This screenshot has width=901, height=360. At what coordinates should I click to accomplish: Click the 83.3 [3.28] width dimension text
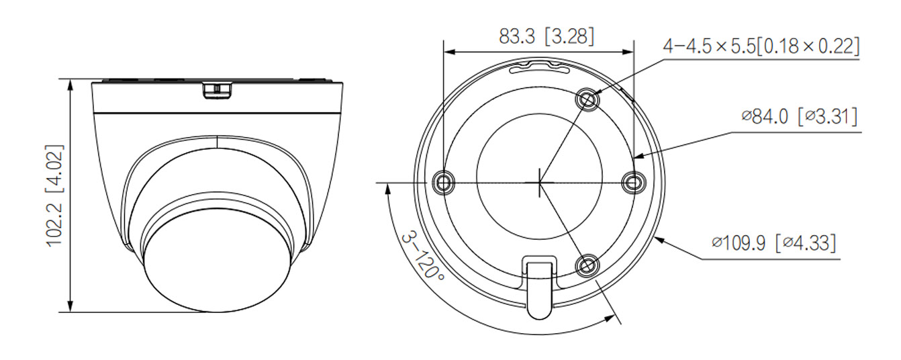pyautogui.click(x=546, y=36)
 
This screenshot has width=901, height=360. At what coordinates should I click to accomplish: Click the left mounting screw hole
pyautogui.click(x=444, y=181)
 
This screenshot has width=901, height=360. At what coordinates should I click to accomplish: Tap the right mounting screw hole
pyautogui.click(x=633, y=181)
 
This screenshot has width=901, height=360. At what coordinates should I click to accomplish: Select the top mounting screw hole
pyautogui.click(x=587, y=99)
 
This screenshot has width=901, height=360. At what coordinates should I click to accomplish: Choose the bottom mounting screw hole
pyautogui.click(x=587, y=265)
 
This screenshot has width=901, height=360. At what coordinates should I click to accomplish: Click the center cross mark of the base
pyautogui.click(x=539, y=181)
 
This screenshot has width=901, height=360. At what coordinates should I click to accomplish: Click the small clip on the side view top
pyautogui.click(x=218, y=89)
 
